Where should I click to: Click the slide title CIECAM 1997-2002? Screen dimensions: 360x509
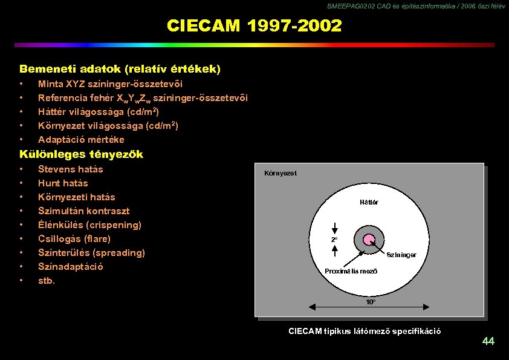click(254, 26)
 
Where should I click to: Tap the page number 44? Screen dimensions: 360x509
click(488, 342)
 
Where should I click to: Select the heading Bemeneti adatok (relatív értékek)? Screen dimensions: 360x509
click(120, 70)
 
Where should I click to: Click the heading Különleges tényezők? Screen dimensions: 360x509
click(81, 154)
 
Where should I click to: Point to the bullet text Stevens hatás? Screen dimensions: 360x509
click(70, 169)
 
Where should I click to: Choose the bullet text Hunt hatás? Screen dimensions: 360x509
click(63, 183)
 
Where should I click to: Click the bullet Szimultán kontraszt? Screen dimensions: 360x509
click(83, 211)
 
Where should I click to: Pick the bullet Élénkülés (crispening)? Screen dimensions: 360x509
click(89, 225)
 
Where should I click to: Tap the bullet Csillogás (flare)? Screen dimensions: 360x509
click(74, 239)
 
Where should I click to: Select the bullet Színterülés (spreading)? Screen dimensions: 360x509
click(91, 253)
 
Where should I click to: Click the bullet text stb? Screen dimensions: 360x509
click(47, 281)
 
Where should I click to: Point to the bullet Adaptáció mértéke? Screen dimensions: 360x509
click(81, 140)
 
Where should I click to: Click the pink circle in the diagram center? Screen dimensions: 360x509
click(368, 240)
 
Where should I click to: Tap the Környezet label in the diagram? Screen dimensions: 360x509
click(280, 174)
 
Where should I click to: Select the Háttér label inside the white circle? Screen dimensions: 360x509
click(368, 202)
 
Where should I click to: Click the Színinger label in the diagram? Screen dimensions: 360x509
click(401, 255)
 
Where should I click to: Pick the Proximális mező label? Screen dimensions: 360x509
click(351, 271)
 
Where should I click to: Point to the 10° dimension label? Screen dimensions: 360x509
click(370, 301)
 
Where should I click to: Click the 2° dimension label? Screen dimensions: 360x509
click(334, 240)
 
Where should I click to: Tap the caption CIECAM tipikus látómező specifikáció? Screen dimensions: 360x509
click(365, 331)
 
